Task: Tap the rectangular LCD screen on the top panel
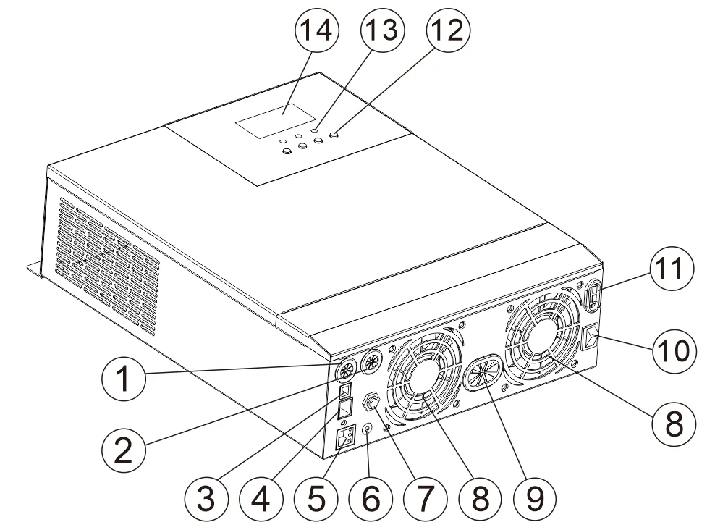(x=274, y=119)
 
